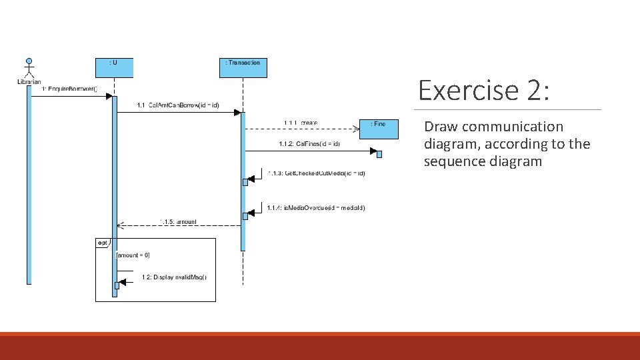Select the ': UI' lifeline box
[114, 67]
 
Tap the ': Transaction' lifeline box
[243, 67]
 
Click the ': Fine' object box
[378, 129]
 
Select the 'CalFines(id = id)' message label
[309, 144]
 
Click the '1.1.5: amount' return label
[178, 221]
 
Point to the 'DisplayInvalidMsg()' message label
[174, 277]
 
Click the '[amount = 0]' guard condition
[133, 255]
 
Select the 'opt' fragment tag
[102, 243]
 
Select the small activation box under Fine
[379, 155]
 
